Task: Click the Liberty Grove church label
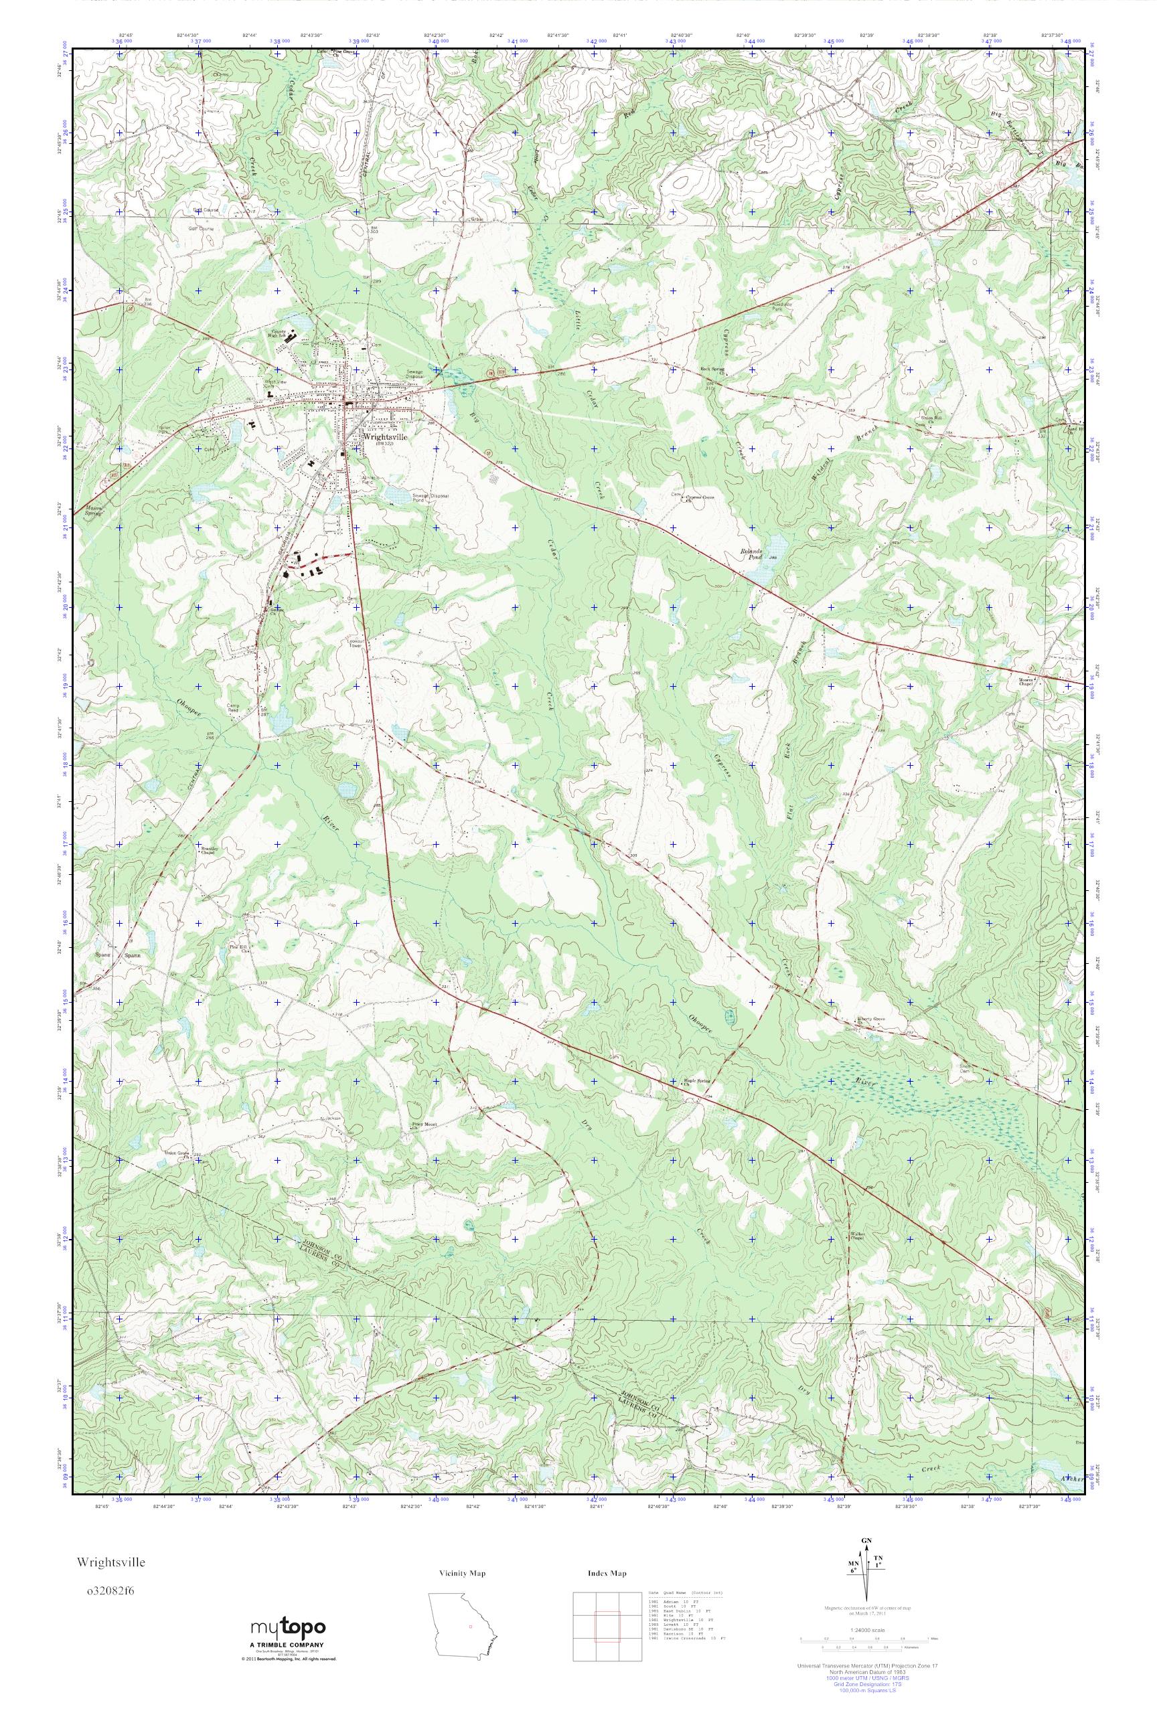870,1019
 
